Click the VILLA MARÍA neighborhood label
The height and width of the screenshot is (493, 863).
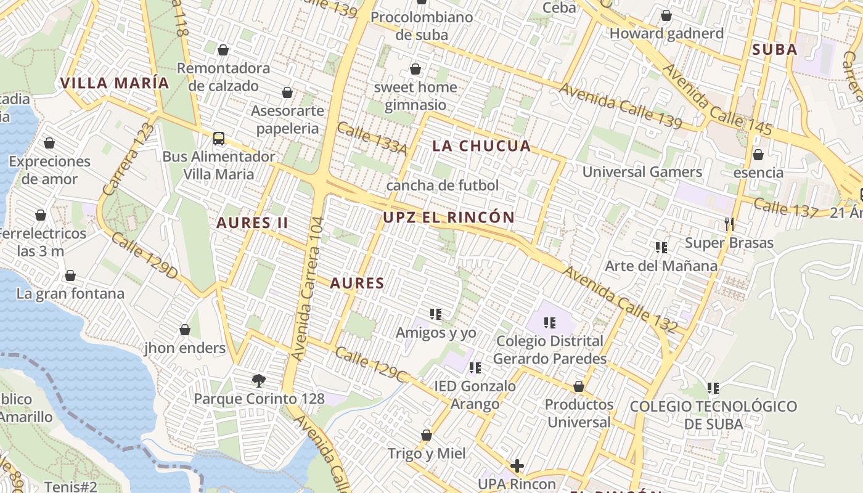[114, 83]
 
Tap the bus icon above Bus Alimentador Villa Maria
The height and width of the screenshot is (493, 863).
[219, 139]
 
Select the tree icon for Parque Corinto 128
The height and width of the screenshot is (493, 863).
[259, 380]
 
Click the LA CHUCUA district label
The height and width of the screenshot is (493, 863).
[481, 146]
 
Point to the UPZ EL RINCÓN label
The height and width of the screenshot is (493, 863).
[449, 218]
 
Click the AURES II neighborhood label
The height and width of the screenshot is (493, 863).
[252, 223]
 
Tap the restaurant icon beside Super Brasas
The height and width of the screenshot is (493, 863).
[730, 224]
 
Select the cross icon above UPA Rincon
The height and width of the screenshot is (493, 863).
[517, 466]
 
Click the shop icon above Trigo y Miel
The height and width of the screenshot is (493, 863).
[426, 436]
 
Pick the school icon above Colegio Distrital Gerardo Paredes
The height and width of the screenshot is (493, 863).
[550, 322]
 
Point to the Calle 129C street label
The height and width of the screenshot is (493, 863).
[371, 365]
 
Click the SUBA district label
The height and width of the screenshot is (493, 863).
[775, 50]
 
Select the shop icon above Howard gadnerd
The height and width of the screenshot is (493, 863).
[666, 15]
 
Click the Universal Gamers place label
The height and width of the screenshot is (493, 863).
[642, 172]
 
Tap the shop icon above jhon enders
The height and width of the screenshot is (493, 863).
[185, 330]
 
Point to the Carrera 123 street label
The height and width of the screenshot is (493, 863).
[129, 160]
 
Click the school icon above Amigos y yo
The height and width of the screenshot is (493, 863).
[436, 314]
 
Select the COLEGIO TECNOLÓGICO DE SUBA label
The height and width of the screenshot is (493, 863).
[713, 415]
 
